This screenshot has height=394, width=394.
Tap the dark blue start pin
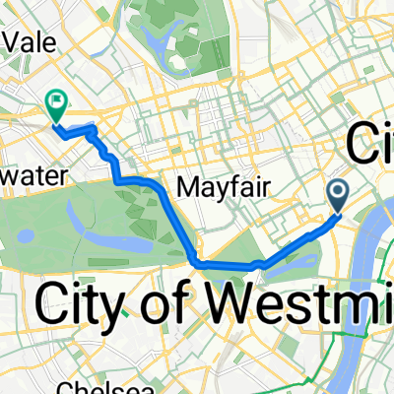[x=338, y=193]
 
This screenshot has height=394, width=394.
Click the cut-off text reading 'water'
[x=32, y=174]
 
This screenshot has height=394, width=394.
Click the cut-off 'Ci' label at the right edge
[x=370, y=148]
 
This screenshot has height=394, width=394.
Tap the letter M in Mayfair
[x=179, y=185]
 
